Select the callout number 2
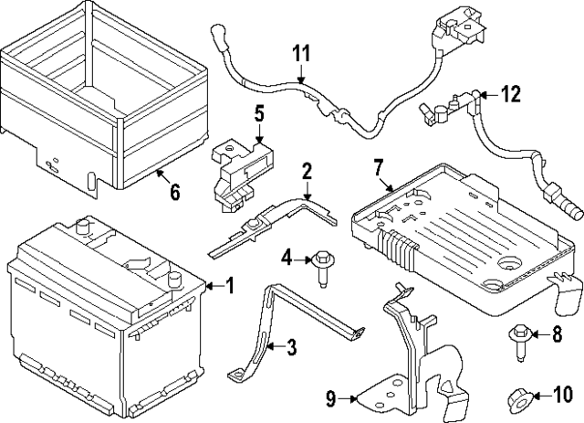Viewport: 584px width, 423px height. (308, 170)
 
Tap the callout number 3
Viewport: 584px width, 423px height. (291, 347)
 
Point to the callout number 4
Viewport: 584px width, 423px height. (286, 258)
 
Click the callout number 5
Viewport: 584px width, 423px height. (259, 113)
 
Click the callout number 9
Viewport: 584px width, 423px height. (329, 397)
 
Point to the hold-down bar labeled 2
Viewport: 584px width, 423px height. (274, 219)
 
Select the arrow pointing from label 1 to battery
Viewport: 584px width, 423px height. (212, 287)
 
